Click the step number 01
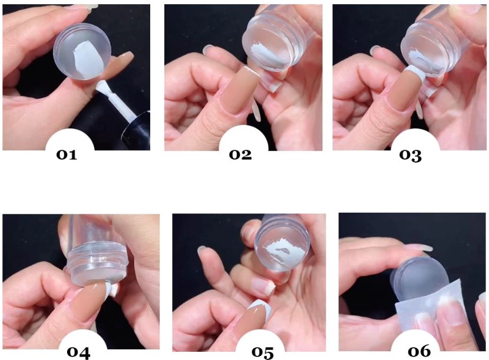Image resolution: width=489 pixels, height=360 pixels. tap(67, 155)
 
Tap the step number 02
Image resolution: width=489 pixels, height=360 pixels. tap(240, 155)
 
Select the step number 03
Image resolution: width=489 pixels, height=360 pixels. tap(411, 156)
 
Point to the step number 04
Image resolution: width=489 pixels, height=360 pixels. tap(78, 352)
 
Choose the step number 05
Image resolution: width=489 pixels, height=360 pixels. tap(263, 352)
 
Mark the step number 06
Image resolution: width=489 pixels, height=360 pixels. tap(419, 351)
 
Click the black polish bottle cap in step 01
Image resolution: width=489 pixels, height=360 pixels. tap(138, 131)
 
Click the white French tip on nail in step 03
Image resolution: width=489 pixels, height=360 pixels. tap(414, 73)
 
